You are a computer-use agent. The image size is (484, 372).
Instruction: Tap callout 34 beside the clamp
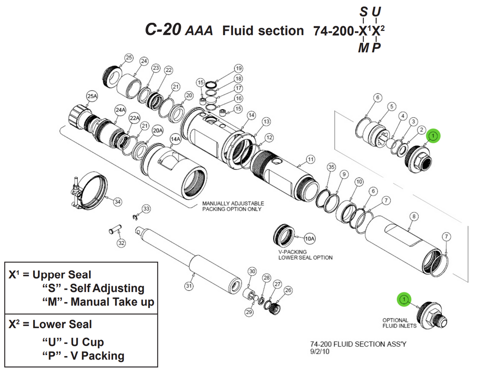(117, 202)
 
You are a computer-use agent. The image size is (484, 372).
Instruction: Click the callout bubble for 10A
(310, 239)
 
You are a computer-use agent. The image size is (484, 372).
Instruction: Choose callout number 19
(238, 68)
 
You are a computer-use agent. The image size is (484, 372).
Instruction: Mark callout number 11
(311, 159)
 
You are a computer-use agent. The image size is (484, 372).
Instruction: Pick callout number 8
(414, 216)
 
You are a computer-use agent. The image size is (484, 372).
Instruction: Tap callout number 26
(288, 290)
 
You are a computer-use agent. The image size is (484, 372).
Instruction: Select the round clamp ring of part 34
(96, 188)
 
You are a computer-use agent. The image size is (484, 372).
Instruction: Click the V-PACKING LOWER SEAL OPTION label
(305, 255)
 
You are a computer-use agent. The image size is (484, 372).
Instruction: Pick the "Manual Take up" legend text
(112, 302)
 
